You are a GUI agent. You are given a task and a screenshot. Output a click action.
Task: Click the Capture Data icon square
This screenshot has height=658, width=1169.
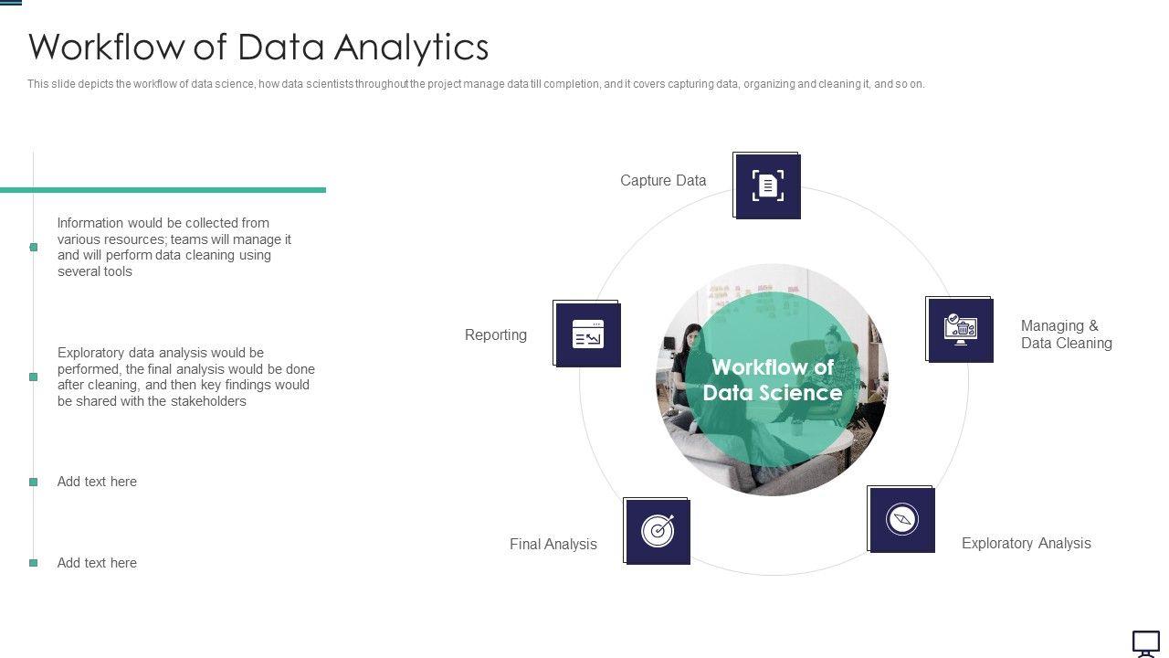(768, 186)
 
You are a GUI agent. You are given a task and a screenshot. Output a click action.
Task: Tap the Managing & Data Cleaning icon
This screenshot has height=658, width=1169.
(960, 330)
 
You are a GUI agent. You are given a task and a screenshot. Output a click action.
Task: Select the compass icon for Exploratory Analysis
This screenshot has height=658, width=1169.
(901, 520)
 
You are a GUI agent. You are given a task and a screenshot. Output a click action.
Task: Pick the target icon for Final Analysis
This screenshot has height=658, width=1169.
(658, 531)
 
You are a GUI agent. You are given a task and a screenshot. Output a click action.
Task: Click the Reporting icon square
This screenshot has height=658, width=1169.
(587, 334)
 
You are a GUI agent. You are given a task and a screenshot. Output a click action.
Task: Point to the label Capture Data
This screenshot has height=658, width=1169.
(663, 181)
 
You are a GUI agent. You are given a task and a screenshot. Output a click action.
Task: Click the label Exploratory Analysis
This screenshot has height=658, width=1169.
(1026, 544)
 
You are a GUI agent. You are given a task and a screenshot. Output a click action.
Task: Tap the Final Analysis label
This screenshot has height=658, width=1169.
(553, 545)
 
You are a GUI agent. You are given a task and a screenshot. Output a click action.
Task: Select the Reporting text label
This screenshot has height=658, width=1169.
(496, 335)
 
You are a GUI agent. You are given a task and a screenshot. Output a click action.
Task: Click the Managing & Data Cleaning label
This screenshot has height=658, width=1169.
(1066, 334)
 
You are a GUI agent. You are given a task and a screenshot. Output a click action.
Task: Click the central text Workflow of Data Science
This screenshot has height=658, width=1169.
(773, 380)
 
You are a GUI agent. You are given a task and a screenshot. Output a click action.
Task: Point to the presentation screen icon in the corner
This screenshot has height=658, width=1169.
(1146, 642)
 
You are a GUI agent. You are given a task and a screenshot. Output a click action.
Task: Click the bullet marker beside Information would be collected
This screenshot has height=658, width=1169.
(34, 247)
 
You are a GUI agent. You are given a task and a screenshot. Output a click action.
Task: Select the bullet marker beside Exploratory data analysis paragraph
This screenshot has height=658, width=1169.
(34, 377)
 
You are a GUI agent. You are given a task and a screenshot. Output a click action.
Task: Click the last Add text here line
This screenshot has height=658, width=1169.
(97, 563)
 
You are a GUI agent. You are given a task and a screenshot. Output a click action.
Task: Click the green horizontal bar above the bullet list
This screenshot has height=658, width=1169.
(163, 190)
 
